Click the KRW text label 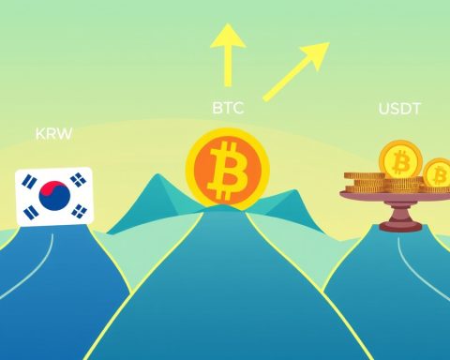(x=53, y=134)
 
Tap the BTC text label (x=228, y=108)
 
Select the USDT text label (x=399, y=109)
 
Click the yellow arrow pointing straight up (x=228, y=55)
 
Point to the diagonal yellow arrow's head (x=316, y=54)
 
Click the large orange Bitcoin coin (x=228, y=169)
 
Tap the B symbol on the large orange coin (x=228, y=170)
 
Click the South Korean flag (x=54, y=196)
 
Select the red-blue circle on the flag (x=54, y=196)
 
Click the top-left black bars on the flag (x=29, y=182)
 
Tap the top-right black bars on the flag (x=78, y=180)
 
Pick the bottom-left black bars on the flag (x=31, y=213)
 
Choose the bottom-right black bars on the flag (x=80, y=211)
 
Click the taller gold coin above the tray (x=400, y=161)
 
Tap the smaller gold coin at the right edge (x=437, y=174)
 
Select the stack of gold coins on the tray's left (x=364, y=182)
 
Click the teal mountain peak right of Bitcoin (x=293, y=195)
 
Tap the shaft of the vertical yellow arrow (x=228, y=67)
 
